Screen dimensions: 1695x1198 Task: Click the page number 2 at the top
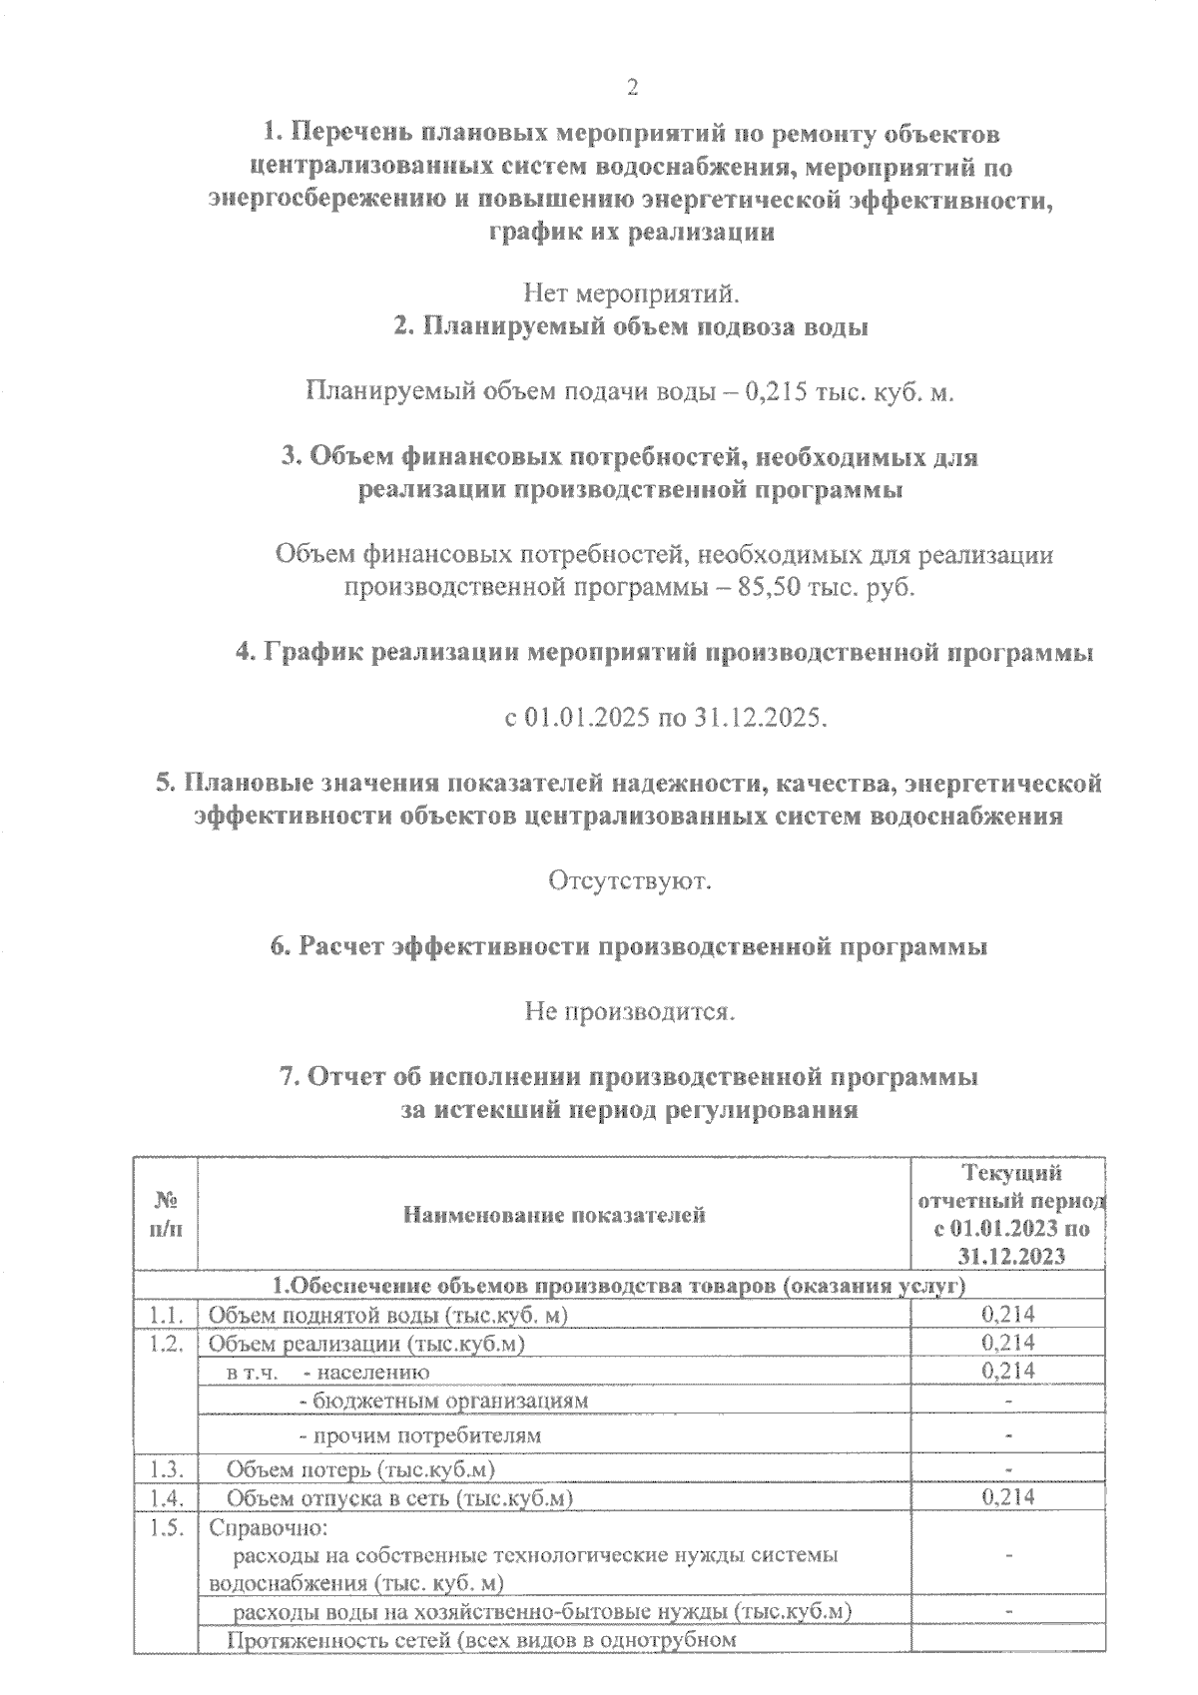pyautogui.click(x=631, y=88)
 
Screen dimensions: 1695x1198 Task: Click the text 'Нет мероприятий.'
pyautogui.click(x=631, y=293)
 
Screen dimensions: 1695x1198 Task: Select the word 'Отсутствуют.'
pyautogui.click(x=629, y=881)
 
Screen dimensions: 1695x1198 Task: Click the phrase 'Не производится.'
pyautogui.click(x=630, y=1012)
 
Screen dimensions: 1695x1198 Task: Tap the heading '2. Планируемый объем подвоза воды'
pyautogui.click(x=630, y=326)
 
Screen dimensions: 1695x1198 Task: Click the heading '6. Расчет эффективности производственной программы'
pyautogui.click(x=630, y=946)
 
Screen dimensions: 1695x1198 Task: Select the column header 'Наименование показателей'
pyautogui.click(x=554, y=1215)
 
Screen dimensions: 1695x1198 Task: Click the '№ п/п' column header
pyautogui.click(x=166, y=1215)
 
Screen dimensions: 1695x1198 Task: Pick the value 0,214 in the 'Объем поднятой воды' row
pyautogui.click(x=1008, y=1315)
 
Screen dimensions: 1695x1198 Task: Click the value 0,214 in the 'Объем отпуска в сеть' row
pyautogui.click(x=1008, y=1496)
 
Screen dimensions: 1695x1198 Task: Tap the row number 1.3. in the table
pyautogui.click(x=167, y=1469)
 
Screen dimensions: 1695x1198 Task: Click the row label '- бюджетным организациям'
pyautogui.click(x=444, y=1400)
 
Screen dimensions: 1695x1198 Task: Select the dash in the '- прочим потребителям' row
pyautogui.click(x=1009, y=1435)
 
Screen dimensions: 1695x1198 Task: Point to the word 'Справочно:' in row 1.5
pyautogui.click(x=268, y=1528)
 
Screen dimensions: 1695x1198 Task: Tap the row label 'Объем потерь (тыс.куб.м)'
pyautogui.click(x=361, y=1469)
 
